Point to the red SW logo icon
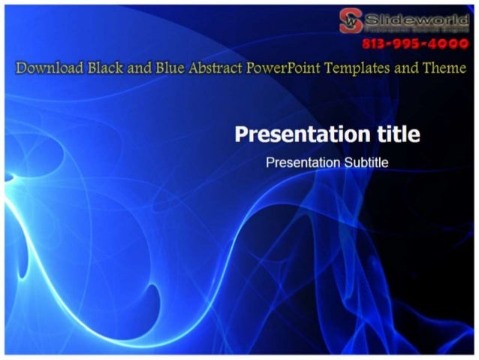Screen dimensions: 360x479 pos(351,20)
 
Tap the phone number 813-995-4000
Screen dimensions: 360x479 pos(415,44)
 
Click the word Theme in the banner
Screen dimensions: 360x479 pos(443,68)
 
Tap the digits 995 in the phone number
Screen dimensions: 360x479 pos(411,44)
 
